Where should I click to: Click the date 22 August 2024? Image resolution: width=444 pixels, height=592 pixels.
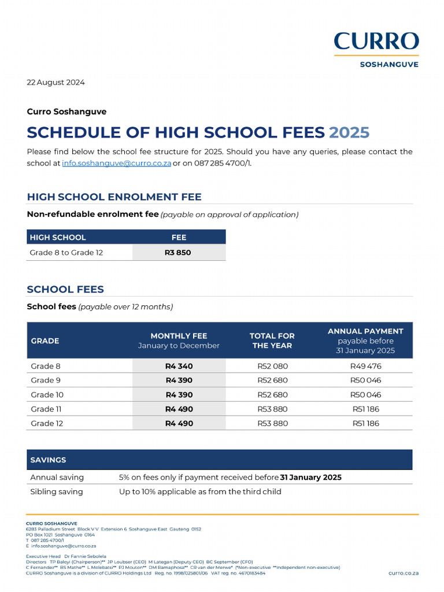coord(56,82)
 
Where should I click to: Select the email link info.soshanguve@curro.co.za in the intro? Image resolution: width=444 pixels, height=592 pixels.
coord(117,163)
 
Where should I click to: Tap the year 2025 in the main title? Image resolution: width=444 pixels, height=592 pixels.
coord(349,132)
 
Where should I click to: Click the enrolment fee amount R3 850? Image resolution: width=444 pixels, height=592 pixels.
coord(178,253)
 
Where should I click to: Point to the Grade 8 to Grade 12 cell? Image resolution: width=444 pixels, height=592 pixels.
coord(66,253)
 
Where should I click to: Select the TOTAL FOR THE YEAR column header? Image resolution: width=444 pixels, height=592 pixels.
coord(272,341)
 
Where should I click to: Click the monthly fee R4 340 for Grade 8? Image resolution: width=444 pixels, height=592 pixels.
coord(179,366)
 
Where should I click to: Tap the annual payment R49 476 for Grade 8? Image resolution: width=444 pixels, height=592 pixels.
coord(365,366)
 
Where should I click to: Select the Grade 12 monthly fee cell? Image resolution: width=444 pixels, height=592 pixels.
coord(179,423)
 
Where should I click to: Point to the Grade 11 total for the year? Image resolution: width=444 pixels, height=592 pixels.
coord(272,409)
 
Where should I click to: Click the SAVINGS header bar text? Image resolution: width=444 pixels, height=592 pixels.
coord(49,460)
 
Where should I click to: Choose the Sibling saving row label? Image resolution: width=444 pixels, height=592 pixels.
coord(57,491)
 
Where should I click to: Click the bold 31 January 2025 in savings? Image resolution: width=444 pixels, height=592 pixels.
coord(311,478)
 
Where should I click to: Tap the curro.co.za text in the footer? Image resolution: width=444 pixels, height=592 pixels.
coord(404,572)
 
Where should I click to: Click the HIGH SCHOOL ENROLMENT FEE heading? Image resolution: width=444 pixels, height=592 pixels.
coord(114,197)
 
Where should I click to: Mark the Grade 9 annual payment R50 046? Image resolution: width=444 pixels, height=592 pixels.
coord(365,380)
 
